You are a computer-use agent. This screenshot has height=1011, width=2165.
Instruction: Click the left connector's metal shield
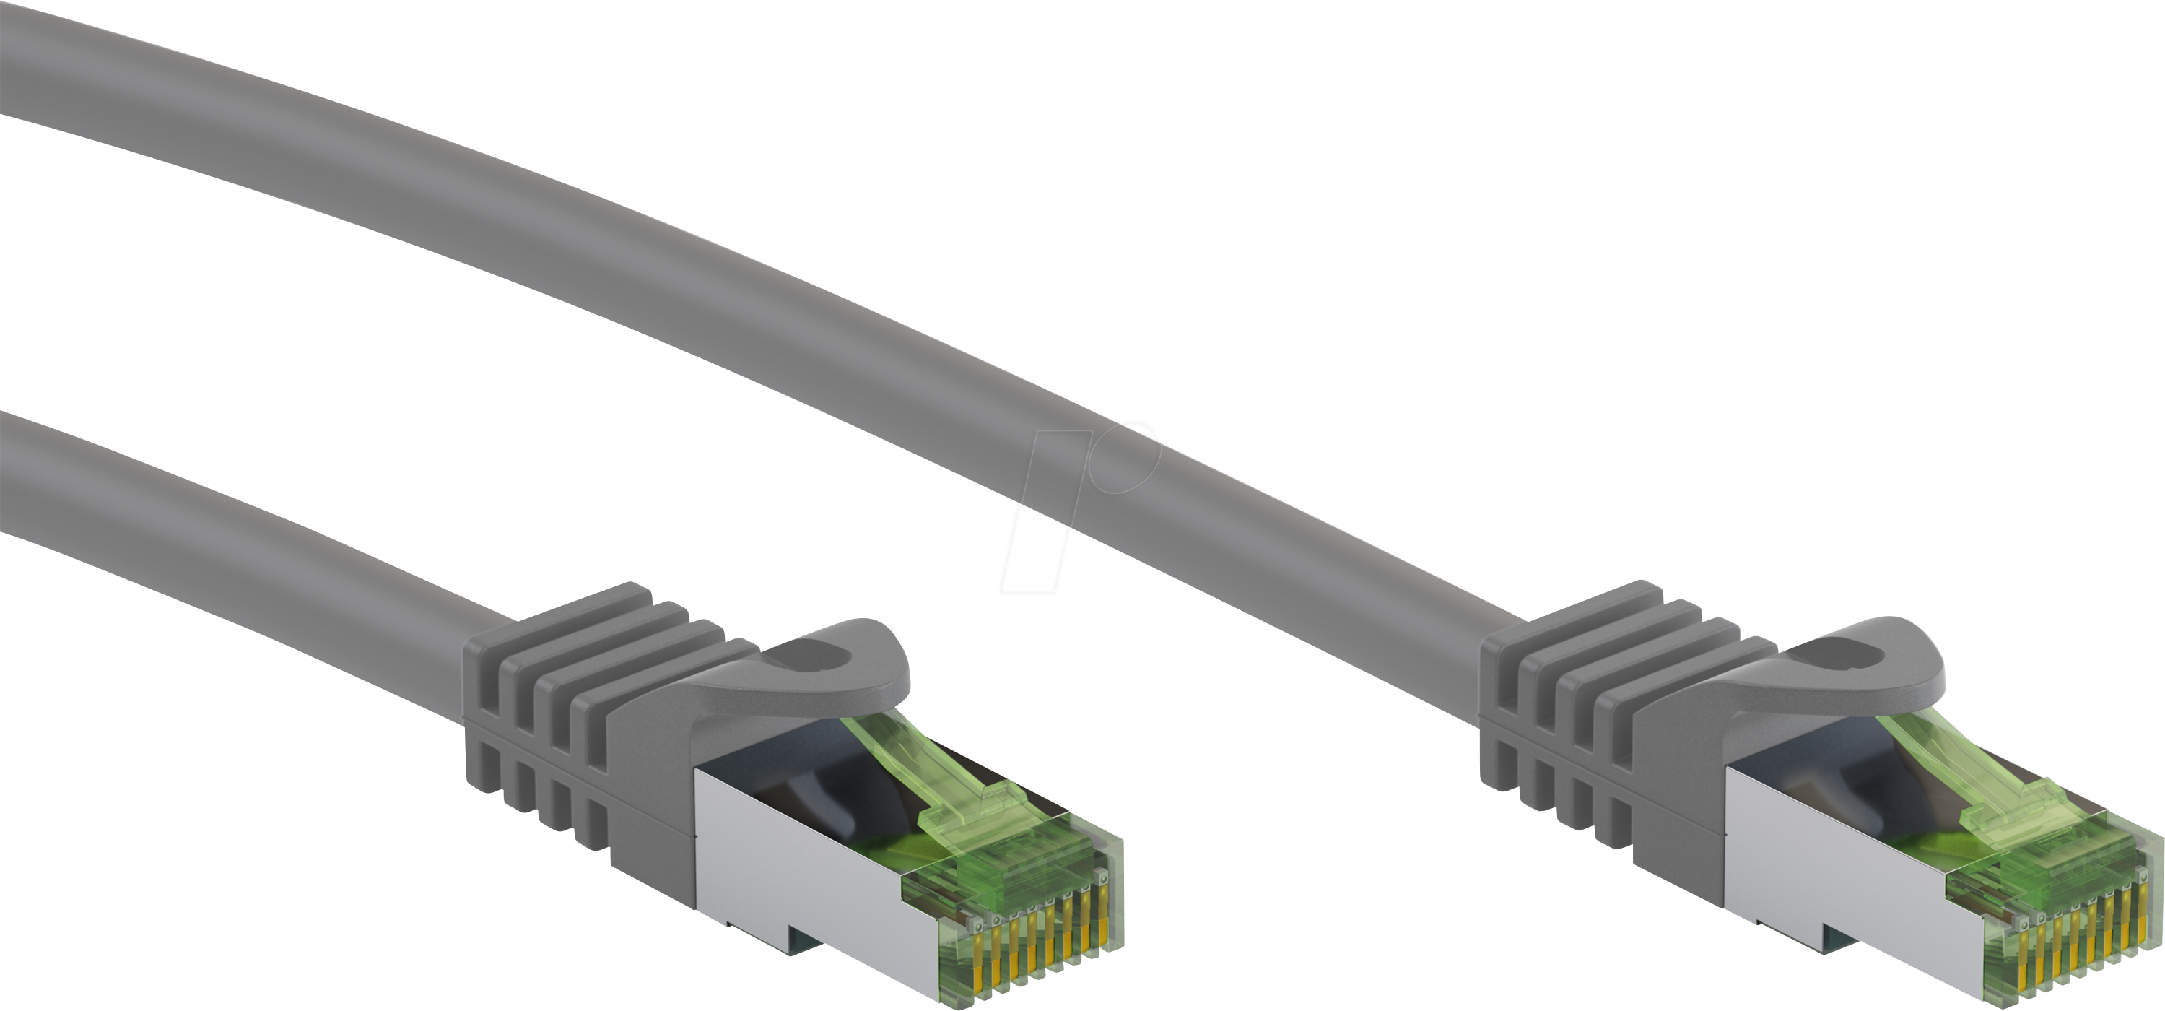782,866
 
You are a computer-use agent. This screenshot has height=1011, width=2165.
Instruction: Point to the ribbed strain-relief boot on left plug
572,714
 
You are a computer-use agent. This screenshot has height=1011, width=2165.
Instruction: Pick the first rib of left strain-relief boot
487,714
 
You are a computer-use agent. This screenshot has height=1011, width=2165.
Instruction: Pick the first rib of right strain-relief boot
1504,714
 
